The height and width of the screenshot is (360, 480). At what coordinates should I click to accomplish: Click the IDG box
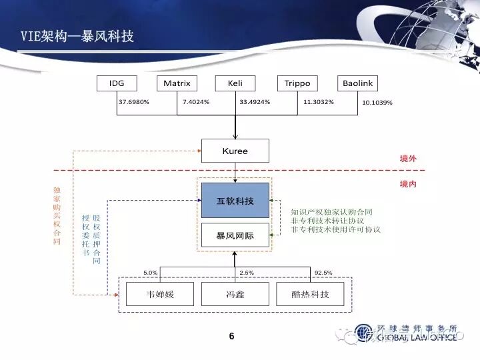pyautogui.click(x=117, y=83)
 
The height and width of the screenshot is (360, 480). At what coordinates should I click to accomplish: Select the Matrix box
pyautogui.click(x=177, y=83)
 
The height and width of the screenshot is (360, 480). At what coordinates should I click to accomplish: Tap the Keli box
pyautogui.click(x=235, y=83)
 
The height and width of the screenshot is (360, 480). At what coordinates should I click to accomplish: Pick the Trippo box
pyautogui.click(x=297, y=83)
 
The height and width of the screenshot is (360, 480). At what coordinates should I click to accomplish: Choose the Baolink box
pyautogui.click(x=358, y=83)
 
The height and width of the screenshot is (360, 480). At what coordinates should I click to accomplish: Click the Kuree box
pyautogui.click(x=235, y=151)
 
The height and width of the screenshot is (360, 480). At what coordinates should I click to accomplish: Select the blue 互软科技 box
pyautogui.click(x=235, y=200)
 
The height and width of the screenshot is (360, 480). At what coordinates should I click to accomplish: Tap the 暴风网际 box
pyautogui.click(x=235, y=235)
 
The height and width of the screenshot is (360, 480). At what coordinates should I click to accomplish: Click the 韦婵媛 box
pyautogui.click(x=160, y=294)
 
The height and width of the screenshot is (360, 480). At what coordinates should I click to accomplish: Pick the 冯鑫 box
pyautogui.click(x=235, y=294)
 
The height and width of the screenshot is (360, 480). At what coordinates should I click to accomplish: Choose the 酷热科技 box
pyautogui.click(x=311, y=294)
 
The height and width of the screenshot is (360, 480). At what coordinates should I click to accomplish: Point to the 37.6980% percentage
pyautogui.click(x=134, y=102)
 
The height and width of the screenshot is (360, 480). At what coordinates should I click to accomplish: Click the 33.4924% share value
pyautogui.click(x=255, y=102)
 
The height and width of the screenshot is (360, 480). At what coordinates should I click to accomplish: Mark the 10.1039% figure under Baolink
pyautogui.click(x=377, y=103)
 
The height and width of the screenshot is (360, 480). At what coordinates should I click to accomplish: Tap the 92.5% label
pyautogui.click(x=323, y=273)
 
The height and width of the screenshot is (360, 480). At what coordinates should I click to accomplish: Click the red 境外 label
pyautogui.click(x=408, y=159)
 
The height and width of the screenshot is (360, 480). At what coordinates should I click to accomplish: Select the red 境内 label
pyautogui.click(x=408, y=183)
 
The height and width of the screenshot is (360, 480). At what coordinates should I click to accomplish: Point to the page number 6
pyautogui.click(x=231, y=336)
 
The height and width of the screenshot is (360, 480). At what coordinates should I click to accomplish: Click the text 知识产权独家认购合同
pyautogui.click(x=331, y=212)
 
